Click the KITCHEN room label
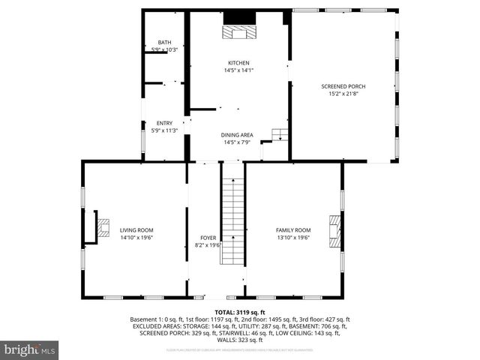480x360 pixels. click(238, 63)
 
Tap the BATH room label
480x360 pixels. click(163, 42)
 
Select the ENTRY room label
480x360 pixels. click(163, 123)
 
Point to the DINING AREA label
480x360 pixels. click(238, 135)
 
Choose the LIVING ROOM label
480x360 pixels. click(136, 230)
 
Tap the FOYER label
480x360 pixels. click(208, 237)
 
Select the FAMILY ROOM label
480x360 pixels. click(293, 230)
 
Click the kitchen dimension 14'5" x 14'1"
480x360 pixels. click(238, 70)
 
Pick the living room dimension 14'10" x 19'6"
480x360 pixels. click(136, 238)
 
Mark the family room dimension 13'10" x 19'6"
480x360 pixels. click(293, 238)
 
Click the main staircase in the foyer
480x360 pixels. click(232, 221)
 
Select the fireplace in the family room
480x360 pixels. click(334, 232)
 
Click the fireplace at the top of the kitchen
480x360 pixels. click(240, 30)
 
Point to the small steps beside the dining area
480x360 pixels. click(280, 135)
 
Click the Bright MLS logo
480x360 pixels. click(30, 349)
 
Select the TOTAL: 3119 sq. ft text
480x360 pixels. click(240, 312)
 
